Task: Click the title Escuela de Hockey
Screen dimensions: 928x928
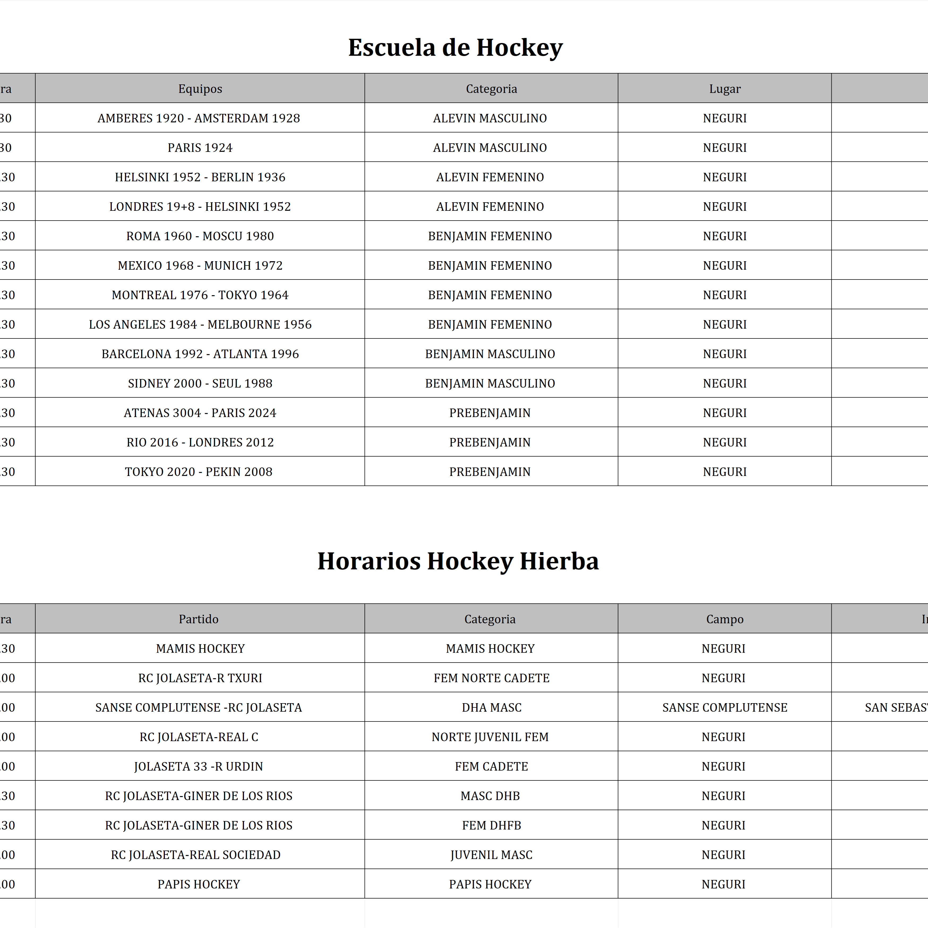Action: (455, 48)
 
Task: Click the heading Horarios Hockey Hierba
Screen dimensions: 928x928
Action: (458, 561)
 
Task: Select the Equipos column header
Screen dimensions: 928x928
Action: (200, 89)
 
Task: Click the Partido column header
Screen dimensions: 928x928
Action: (198, 619)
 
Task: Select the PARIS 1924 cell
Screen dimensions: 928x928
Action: (200, 148)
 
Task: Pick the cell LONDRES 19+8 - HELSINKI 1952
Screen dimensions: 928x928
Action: (200, 207)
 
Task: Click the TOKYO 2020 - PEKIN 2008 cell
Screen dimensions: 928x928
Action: (198, 472)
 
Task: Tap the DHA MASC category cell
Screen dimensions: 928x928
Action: (491, 707)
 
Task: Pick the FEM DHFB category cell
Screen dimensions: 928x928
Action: (491, 825)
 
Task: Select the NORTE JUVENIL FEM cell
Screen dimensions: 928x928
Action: (490, 737)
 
